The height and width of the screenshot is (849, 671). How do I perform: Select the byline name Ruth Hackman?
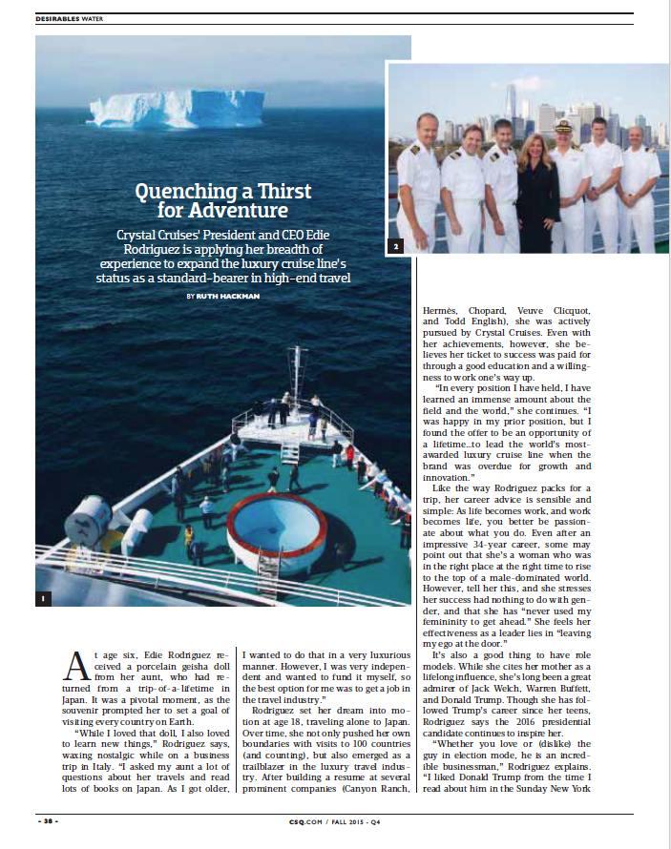[228, 297]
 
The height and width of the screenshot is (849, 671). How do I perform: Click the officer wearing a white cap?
[566, 181]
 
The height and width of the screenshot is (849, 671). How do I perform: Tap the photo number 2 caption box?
[395, 247]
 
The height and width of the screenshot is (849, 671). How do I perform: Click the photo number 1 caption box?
[42, 598]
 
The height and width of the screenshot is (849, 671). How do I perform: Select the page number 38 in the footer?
[47, 820]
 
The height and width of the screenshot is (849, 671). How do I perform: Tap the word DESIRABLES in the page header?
[59, 17]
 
